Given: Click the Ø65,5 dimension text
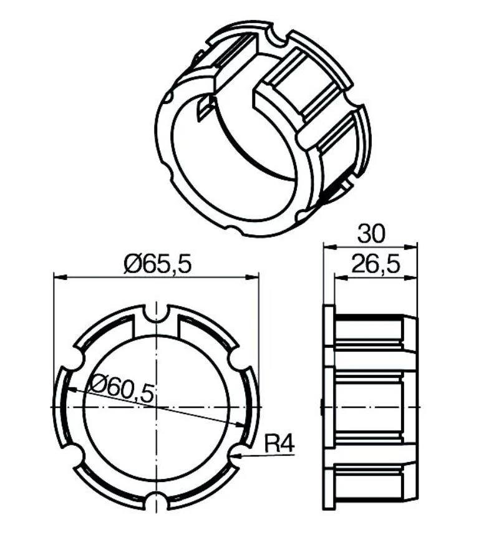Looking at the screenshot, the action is click(x=157, y=264).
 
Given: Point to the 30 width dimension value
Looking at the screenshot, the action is click(x=370, y=234).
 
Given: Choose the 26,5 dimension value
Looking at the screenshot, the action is click(x=375, y=264).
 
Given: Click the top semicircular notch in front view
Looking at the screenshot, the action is click(x=156, y=312).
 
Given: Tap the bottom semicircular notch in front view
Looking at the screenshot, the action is click(x=156, y=502).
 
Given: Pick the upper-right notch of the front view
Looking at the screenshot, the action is click(x=238, y=360).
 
